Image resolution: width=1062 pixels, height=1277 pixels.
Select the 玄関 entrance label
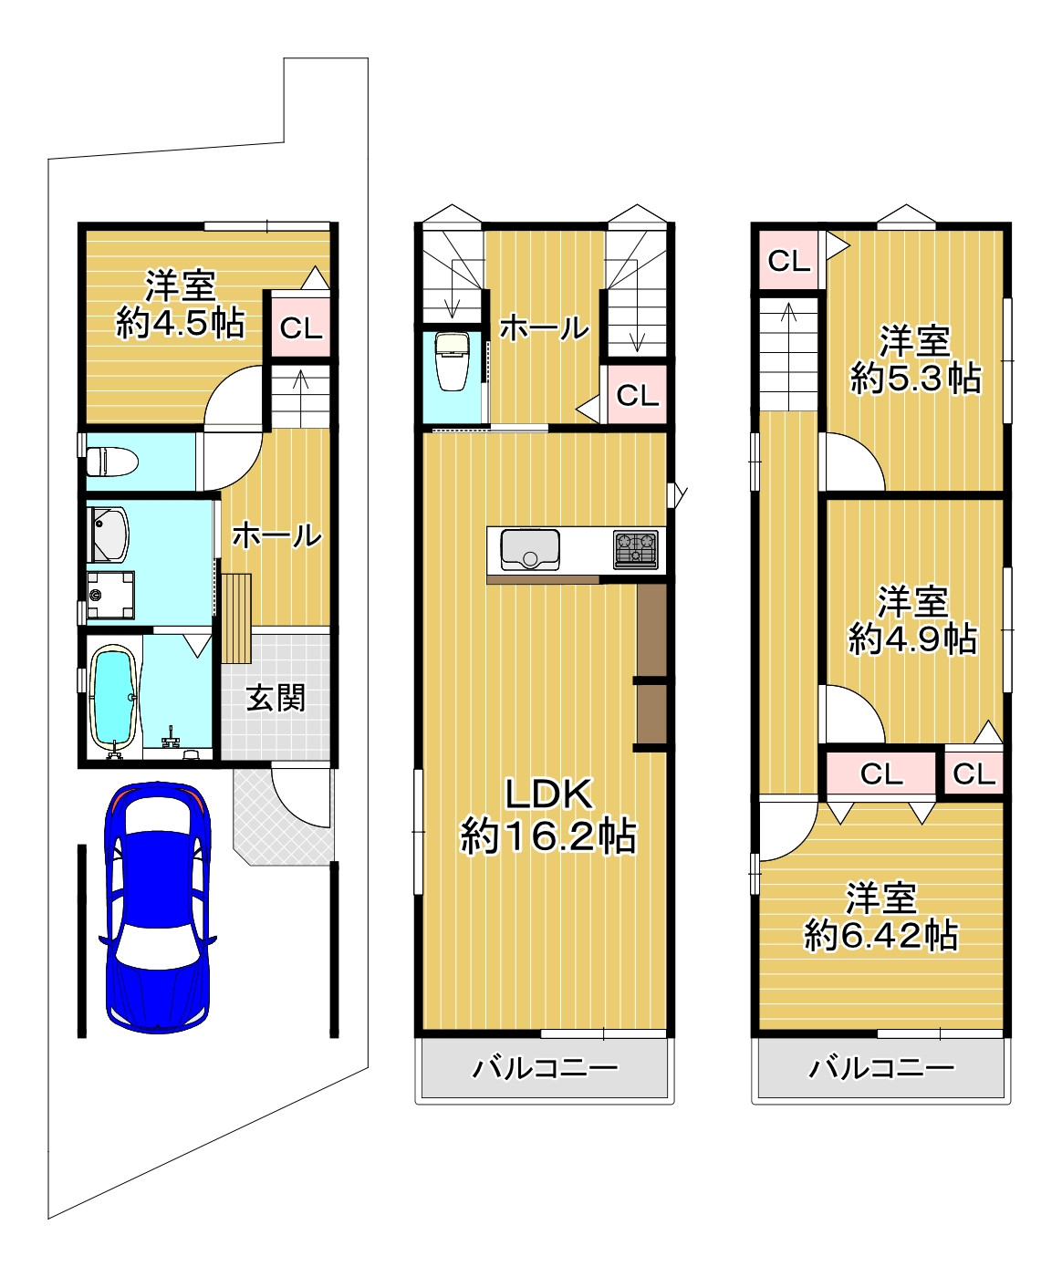(x=276, y=698)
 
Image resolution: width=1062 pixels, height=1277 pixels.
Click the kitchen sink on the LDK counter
(x=530, y=549)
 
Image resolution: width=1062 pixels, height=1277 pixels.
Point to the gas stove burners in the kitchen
(x=636, y=549)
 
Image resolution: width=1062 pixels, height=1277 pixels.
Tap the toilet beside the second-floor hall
(x=452, y=361)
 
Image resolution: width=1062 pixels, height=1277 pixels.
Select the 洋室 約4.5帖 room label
(x=181, y=305)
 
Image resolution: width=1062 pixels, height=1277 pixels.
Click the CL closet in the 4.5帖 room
(x=301, y=328)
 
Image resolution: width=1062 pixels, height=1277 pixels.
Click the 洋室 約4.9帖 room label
(x=912, y=620)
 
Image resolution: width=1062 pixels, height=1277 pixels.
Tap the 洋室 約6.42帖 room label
(x=881, y=917)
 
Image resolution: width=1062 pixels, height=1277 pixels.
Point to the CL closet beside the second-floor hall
(x=637, y=394)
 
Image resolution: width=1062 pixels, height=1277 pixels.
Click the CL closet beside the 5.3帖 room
(x=788, y=261)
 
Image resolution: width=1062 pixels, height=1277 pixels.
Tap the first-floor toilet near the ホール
(x=112, y=462)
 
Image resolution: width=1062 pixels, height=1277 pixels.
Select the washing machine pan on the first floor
(x=110, y=595)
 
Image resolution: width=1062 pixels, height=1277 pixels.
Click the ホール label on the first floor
(x=276, y=535)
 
